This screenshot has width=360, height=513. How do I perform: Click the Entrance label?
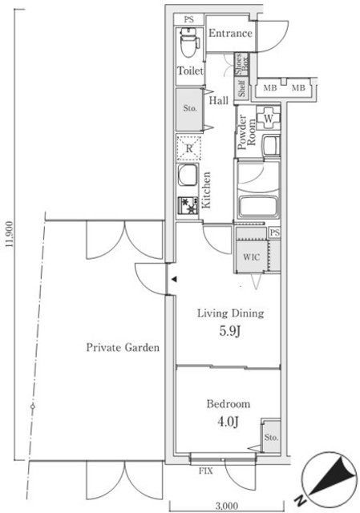(x=230, y=34)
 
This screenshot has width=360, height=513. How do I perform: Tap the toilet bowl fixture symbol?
(x=189, y=44)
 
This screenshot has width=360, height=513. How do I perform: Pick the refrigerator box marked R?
(x=189, y=148)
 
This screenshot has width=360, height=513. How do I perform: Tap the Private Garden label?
(x=123, y=348)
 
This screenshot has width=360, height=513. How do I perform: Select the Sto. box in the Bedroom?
(x=272, y=438)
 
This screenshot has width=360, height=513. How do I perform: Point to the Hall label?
(x=217, y=101)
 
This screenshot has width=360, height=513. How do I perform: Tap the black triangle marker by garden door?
(x=172, y=279)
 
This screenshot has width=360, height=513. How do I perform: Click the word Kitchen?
(x=207, y=191)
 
